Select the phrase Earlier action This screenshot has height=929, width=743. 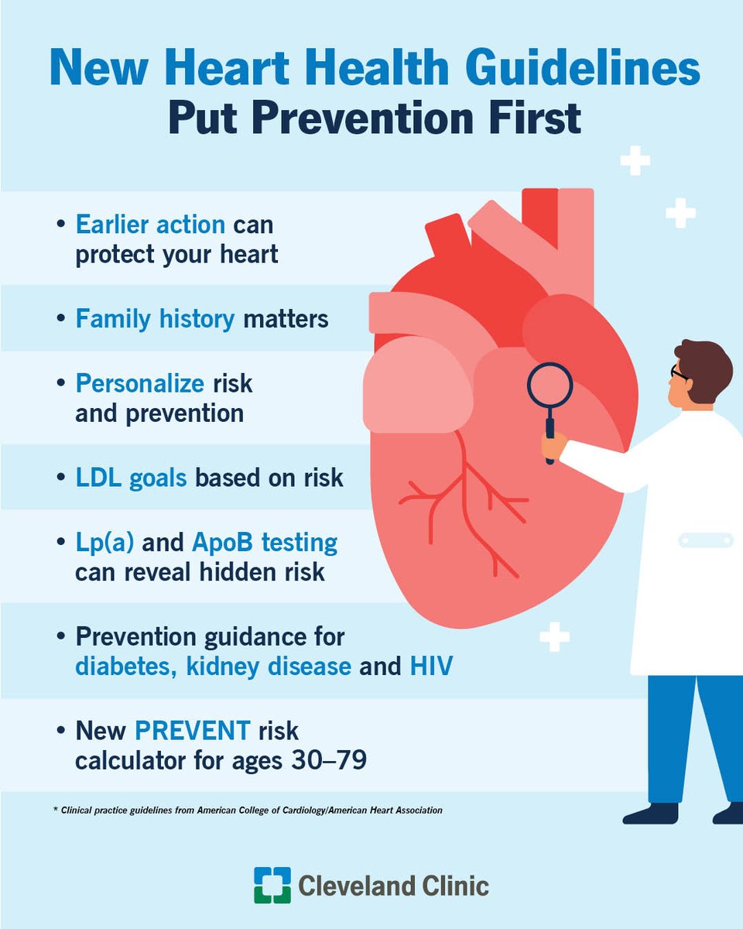150,225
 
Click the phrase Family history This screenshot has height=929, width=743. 154,318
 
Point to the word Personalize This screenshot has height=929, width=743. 140,383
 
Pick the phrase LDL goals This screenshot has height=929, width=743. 131,477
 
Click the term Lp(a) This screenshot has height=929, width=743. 105,543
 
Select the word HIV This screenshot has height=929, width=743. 431,667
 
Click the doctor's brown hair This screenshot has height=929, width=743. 704,364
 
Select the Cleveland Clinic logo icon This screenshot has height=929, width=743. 272,885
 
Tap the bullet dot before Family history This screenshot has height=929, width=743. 61,319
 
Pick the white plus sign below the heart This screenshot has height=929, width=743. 554,636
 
